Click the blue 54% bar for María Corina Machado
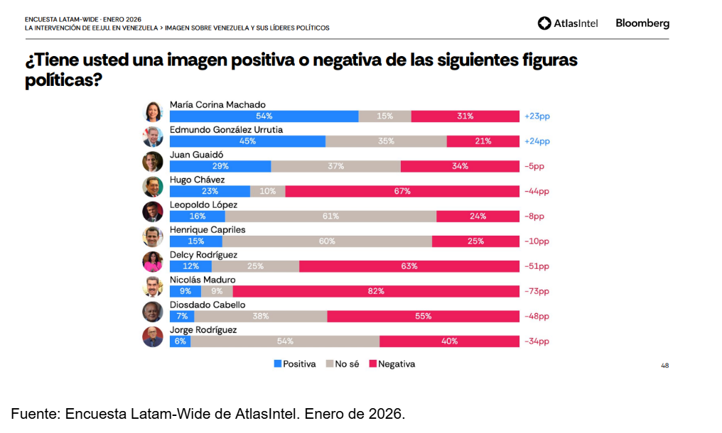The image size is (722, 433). (264, 116)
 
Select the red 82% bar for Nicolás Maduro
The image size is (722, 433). (376, 291)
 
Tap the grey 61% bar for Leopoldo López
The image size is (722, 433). (330, 217)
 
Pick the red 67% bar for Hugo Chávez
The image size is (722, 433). (402, 191)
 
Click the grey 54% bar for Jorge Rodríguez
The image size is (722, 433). (285, 341)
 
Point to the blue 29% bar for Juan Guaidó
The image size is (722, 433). (220, 166)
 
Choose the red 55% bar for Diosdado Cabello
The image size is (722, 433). (423, 316)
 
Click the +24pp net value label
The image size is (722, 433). (537, 141)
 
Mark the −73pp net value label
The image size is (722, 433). (537, 291)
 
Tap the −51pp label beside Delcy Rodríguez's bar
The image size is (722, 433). (537, 266)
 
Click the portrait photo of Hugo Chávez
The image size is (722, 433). (153, 187)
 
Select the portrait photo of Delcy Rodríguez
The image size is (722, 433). (153, 261)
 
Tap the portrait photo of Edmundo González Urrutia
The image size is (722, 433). (153, 136)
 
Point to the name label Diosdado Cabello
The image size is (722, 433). (207, 305)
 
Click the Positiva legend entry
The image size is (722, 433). (295, 364)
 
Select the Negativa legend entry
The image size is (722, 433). (392, 364)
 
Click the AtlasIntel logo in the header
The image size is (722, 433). (568, 23)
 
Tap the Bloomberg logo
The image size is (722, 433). (642, 23)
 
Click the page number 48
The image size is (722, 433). (664, 366)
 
